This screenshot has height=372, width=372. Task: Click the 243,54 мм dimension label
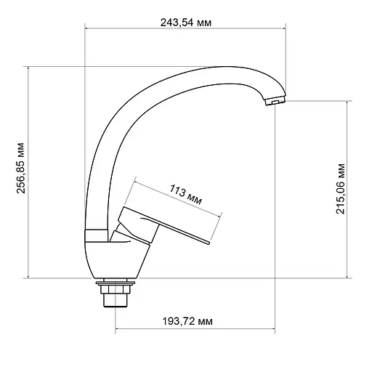(x=185, y=23)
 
